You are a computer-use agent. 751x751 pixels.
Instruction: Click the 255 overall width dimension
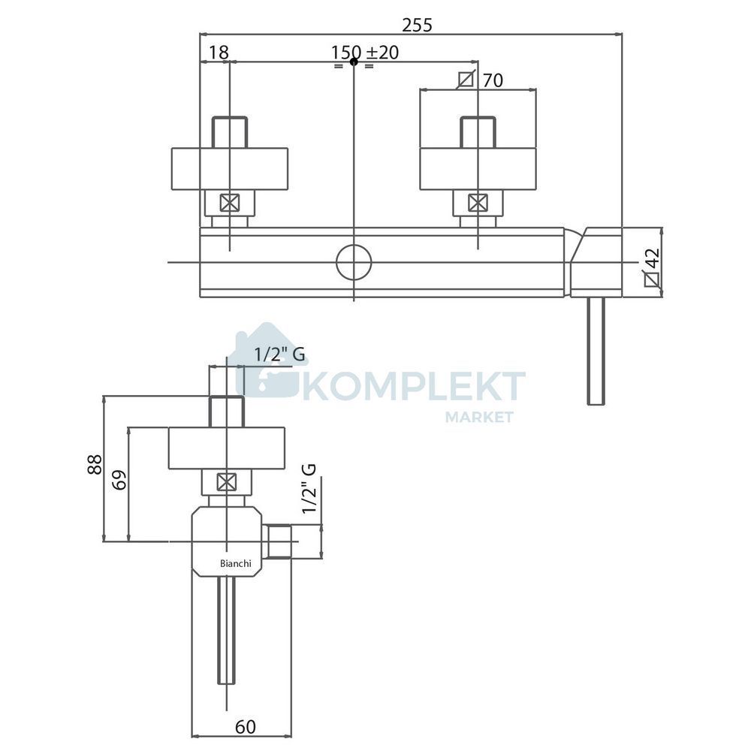(417, 25)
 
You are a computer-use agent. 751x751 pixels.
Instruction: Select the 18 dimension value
(219, 53)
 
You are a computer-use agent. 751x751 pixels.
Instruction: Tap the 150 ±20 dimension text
(365, 53)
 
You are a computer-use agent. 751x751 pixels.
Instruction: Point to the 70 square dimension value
(493, 80)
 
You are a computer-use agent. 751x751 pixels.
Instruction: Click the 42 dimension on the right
(653, 259)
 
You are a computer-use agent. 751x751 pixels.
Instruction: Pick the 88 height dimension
(95, 464)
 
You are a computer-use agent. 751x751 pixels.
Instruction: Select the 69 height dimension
(119, 479)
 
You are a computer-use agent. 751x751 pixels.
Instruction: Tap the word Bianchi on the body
(236, 563)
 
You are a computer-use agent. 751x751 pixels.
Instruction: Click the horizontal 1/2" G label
(279, 354)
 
